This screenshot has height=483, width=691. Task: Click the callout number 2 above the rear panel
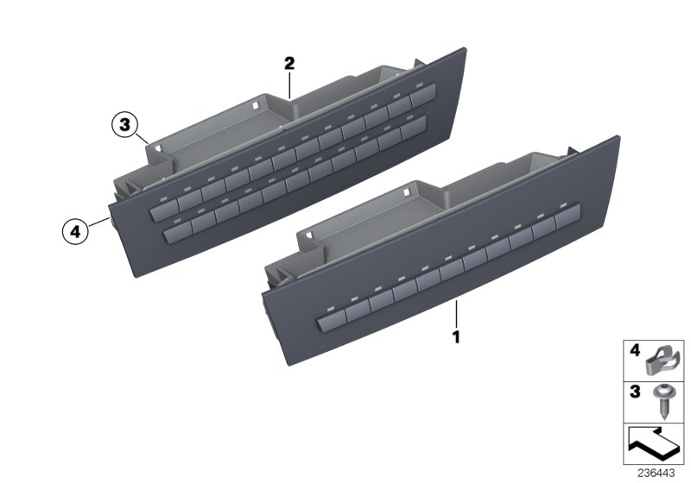click(289, 63)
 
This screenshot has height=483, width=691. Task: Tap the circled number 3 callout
click(125, 126)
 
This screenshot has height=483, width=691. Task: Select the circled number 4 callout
click(75, 231)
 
